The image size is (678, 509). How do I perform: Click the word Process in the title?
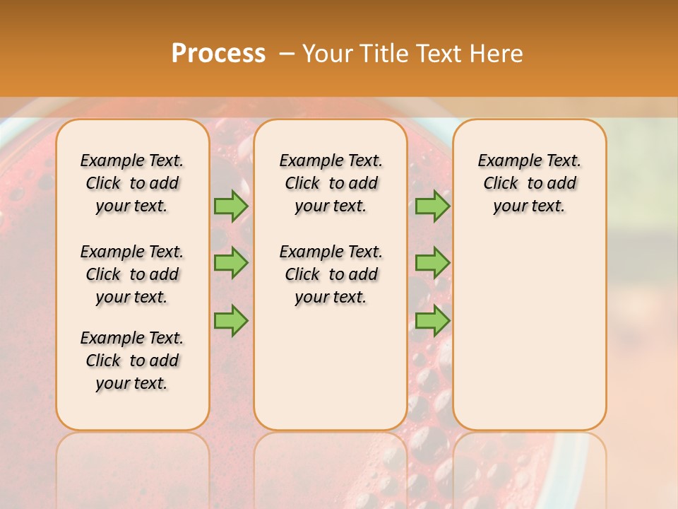click(x=218, y=54)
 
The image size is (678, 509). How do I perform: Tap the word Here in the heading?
click(x=497, y=54)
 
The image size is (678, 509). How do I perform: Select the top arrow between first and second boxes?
click(x=231, y=206)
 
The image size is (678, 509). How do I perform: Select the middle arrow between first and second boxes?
click(x=231, y=263)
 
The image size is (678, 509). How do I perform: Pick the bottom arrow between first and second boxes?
click(x=231, y=321)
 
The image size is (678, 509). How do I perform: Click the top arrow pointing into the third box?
click(x=432, y=206)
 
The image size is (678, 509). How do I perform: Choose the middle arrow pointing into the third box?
click(x=432, y=263)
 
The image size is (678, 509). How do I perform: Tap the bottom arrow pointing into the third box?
click(x=432, y=321)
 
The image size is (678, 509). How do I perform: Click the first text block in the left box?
click(x=132, y=183)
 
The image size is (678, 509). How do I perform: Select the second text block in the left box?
click(x=132, y=274)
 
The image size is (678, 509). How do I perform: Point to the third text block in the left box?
click(x=132, y=361)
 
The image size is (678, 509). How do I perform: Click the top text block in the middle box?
click(x=331, y=183)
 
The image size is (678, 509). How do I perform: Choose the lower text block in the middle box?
click(x=331, y=274)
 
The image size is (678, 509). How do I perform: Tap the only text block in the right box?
click(x=529, y=183)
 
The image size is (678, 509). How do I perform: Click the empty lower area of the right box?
click(x=529, y=332)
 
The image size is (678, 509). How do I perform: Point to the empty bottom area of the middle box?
click(x=331, y=375)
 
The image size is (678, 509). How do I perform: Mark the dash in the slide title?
click(x=287, y=54)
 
